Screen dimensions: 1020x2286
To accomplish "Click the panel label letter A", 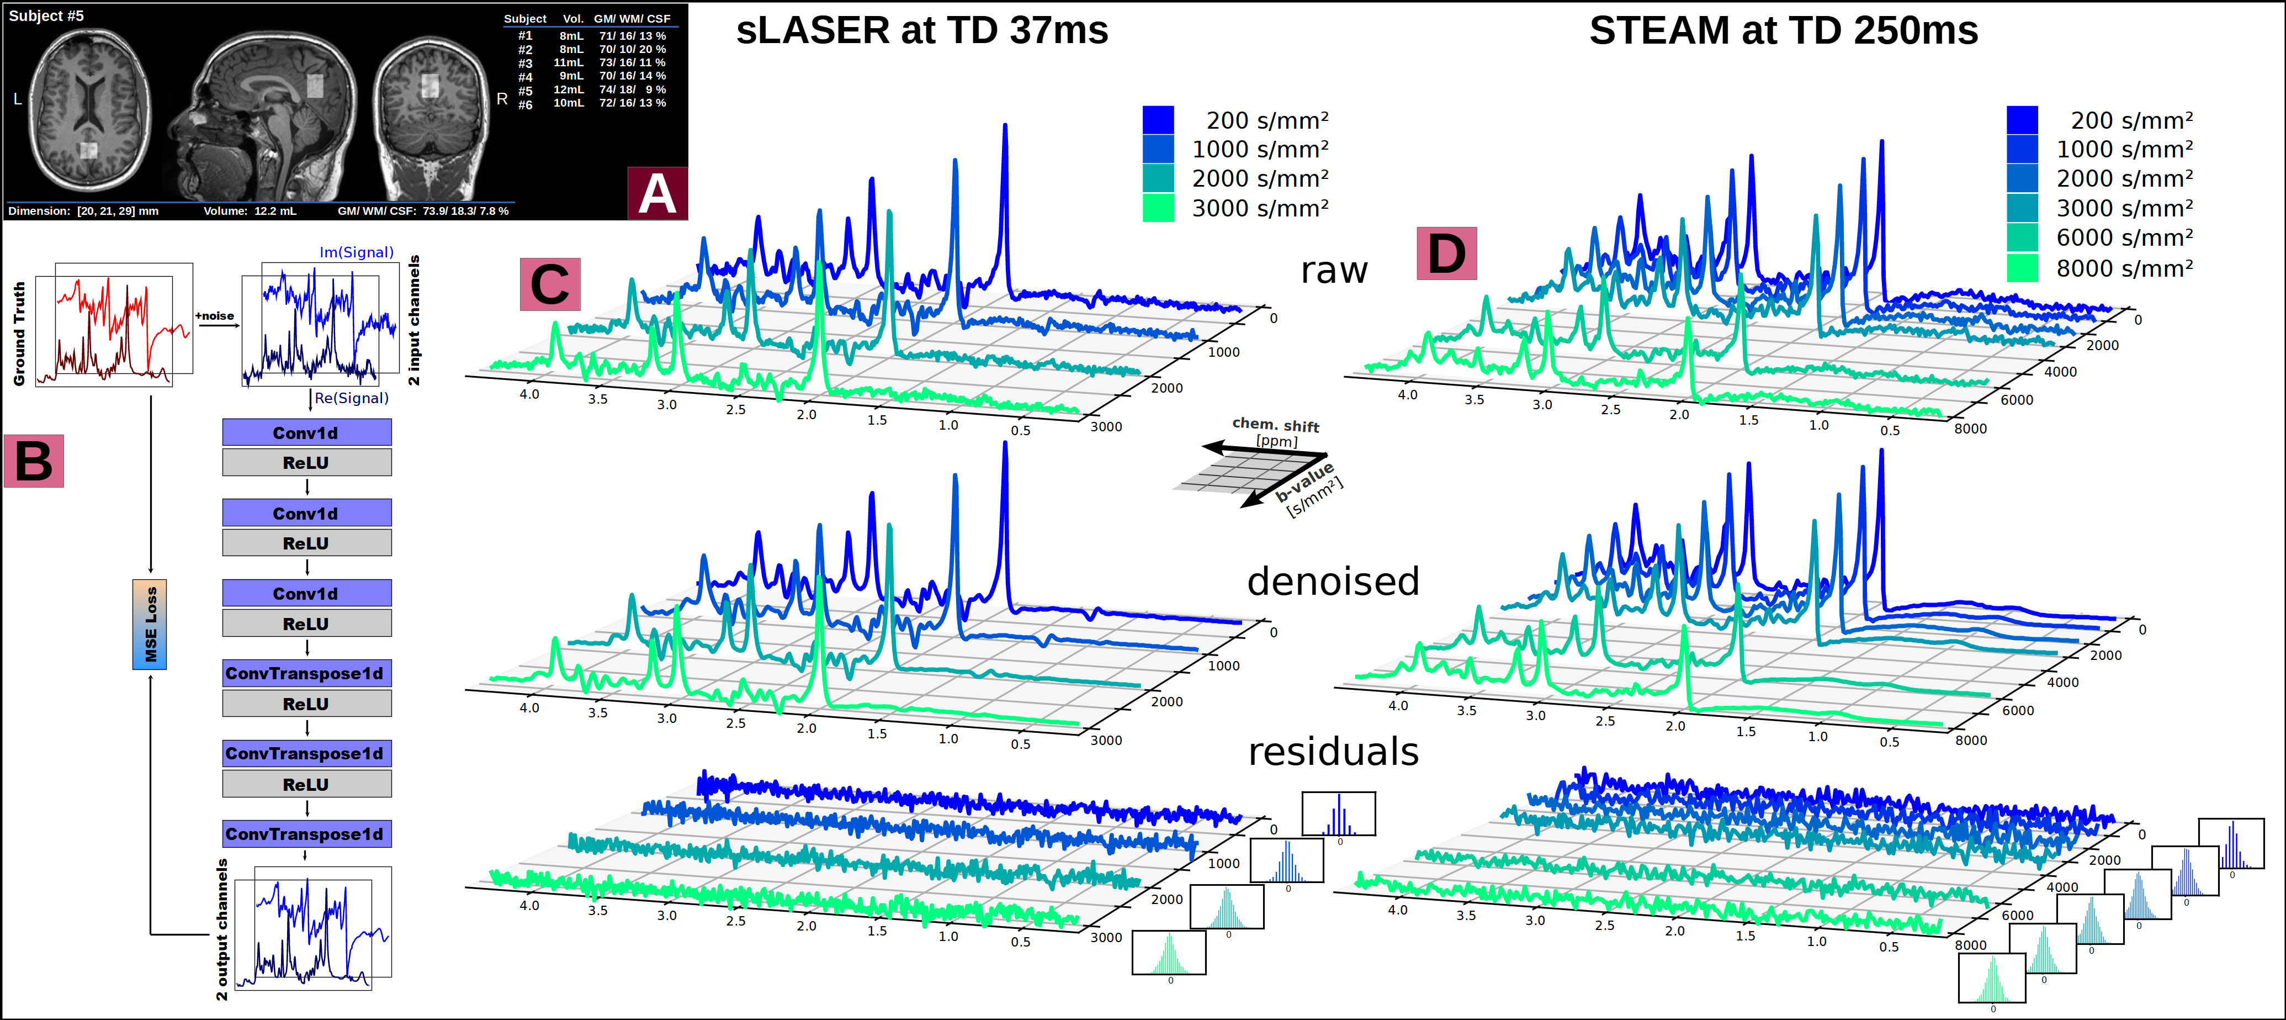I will [x=657, y=193].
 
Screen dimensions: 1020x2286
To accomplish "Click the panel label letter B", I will [x=34, y=462].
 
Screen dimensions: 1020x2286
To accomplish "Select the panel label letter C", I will [x=550, y=285].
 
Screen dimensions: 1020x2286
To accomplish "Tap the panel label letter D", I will [x=1446, y=254].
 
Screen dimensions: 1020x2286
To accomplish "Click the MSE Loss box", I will [x=150, y=624].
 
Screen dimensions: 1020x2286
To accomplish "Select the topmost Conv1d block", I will [x=306, y=433].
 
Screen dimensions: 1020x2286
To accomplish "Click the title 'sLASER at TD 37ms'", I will [x=922, y=31].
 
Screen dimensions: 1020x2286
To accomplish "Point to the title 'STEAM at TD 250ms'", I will [x=1784, y=31].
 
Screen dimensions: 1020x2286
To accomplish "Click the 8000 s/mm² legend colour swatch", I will [x=2023, y=268].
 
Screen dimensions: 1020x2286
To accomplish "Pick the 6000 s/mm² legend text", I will [x=2124, y=238].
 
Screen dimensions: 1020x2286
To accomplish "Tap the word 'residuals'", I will [x=1333, y=752].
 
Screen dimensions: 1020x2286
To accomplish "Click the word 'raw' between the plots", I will [x=1334, y=271].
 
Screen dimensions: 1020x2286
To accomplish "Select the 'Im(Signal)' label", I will [x=356, y=252].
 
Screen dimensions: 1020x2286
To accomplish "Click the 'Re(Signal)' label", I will [x=352, y=398].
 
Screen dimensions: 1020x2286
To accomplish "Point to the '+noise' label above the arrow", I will [x=215, y=315].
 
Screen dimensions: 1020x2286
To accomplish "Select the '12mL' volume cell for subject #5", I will [x=568, y=89].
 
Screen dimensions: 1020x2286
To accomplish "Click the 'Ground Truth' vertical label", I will [x=19, y=334].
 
